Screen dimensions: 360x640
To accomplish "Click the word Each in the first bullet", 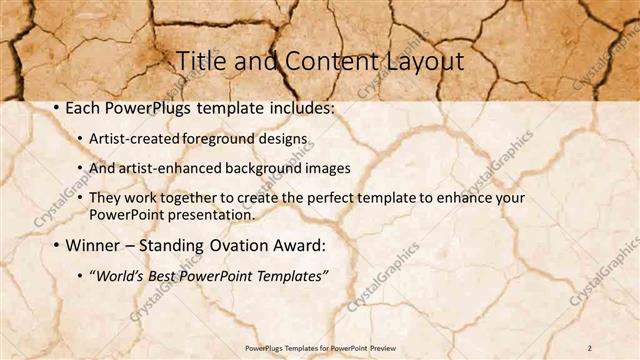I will [85, 106].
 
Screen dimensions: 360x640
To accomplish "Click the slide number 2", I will [590, 346].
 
